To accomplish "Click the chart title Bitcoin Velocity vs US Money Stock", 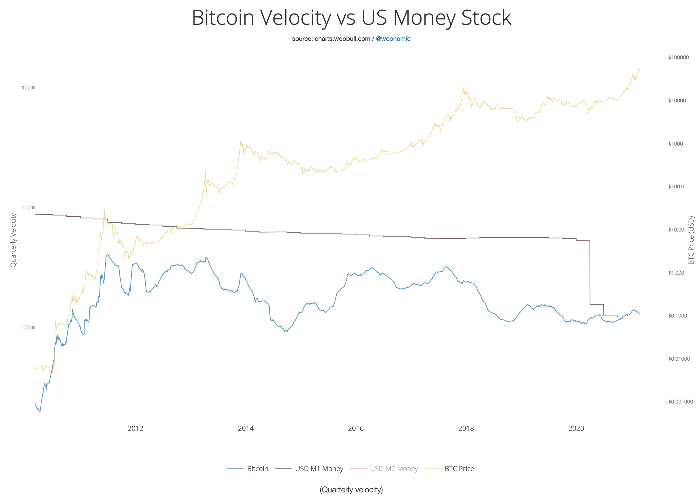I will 351,18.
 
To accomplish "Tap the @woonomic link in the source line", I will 393,39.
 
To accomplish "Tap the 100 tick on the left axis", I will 26,88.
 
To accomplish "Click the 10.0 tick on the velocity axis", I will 26,207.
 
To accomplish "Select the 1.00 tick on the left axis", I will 26,327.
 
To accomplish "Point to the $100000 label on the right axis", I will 678,58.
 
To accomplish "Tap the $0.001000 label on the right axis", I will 680,402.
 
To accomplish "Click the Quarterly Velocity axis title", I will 13,240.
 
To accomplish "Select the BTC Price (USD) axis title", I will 691,240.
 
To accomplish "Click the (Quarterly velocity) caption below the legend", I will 351,489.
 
